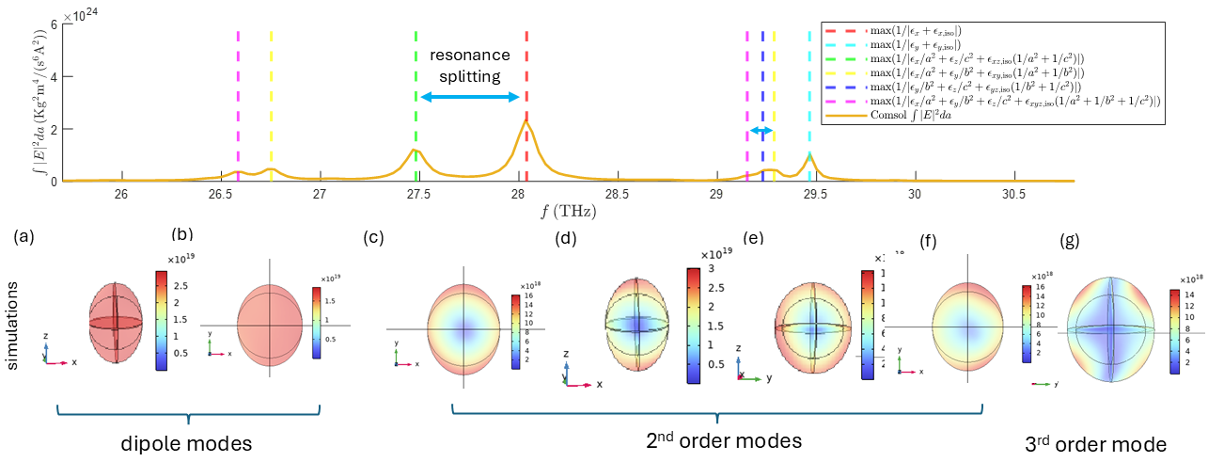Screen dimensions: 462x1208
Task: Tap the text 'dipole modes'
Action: coord(188,442)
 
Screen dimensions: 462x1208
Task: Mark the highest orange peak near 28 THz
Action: coord(526,121)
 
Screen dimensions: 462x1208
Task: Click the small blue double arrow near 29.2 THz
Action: coord(761,130)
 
